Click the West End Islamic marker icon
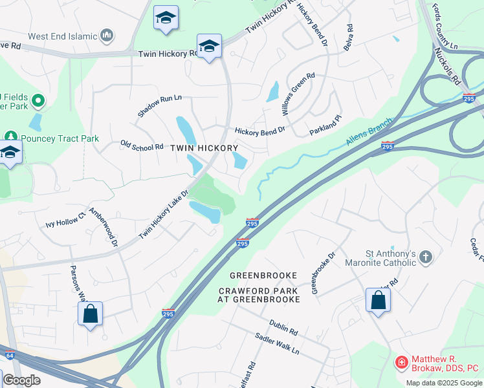click(x=107, y=34)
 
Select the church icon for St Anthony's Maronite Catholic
click(x=425, y=258)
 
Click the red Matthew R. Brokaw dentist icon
click(x=402, y=362)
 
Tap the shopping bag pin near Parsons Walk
click(x=91, y=314)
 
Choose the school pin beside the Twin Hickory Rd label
click(x=209, y=47)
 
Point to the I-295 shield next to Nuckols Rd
click(x=469, y=98)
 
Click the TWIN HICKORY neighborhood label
click(x=204, y=148)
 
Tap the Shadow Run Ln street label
click(x=159, y=106)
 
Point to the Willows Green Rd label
click(x=298, y=94)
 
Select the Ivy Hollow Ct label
click(x=65, y=221)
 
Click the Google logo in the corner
click(x=21, y=380)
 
